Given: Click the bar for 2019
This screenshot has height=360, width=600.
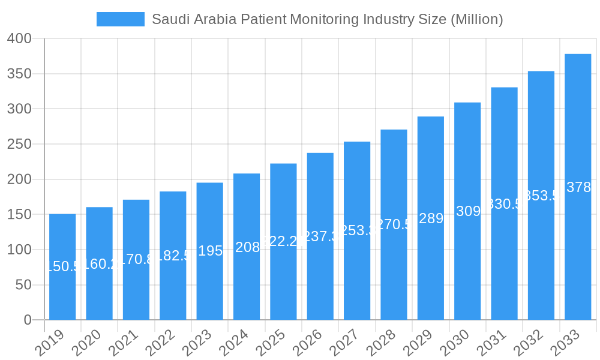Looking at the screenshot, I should click(62, 267).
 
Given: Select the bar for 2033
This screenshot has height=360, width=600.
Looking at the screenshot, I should click(578, 187).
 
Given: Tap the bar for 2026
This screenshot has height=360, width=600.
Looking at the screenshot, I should click(320, 236).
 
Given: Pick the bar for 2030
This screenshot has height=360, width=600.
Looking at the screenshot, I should click(467, 211).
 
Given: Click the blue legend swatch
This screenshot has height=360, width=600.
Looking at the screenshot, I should click(121, 19).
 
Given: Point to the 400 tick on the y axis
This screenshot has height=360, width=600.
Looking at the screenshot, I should click(19, 39).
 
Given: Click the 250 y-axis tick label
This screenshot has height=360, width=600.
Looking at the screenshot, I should click(19, 145).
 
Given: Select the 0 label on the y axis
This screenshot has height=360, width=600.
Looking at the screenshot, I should click(28, 320).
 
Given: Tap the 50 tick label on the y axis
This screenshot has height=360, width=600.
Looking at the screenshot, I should click(23, 285).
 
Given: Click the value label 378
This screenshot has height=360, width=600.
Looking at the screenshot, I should click(578, 188).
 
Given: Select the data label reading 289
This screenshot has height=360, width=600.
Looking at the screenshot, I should click(431, 218).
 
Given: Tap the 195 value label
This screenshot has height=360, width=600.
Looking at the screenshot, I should click(210, 251).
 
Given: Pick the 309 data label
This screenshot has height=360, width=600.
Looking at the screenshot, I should click(468, 211).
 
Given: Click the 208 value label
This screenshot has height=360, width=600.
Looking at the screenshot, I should click(247, 247).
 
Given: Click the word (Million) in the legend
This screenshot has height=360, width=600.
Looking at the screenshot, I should click(475, 19).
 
